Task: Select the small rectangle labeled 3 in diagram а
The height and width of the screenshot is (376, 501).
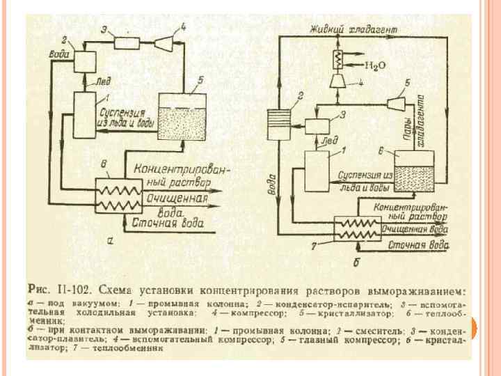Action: click(127, 43)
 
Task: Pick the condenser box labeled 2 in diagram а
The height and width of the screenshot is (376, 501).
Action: click(86, 61)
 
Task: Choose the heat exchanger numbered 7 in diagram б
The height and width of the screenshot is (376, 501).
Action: click(353, 228)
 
